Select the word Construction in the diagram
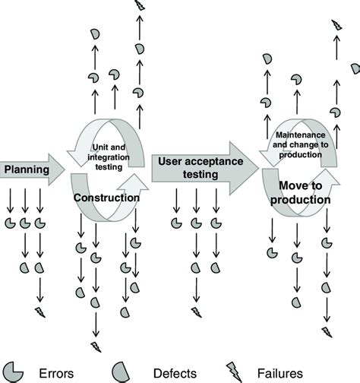[106, 198]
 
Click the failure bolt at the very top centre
[138, 6]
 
